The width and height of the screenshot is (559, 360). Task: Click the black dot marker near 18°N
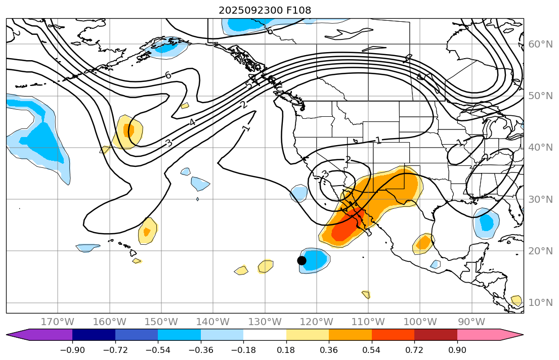click(x=302, y=260)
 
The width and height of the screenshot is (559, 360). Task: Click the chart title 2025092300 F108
click(x=265, y=10)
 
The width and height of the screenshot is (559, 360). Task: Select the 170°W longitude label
click(x=58, y=322)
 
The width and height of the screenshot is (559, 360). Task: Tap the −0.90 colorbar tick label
click(x=72, y=350)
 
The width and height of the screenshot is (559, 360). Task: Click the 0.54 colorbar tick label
click(x=372, y=350)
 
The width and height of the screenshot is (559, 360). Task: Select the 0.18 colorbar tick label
click(x=286, y=350)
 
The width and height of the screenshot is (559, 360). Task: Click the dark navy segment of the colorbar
click(x=94, y=335)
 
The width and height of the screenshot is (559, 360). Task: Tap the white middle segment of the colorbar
click(x=265, y=335)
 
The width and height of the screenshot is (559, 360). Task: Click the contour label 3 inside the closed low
click(x=325, y=174)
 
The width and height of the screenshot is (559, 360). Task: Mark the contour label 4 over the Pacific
click(x=192, y=122)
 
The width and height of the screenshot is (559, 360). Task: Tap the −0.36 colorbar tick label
click(x=201, y=350)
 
